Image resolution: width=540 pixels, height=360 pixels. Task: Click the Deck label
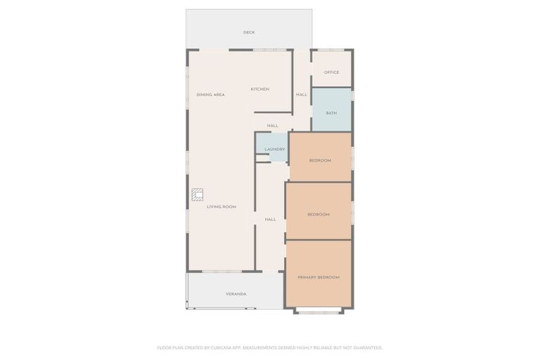click(x=249, y=32)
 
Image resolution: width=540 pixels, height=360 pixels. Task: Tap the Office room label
click(x=331, y=72)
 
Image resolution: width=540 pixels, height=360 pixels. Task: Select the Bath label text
click(x=331, y=113)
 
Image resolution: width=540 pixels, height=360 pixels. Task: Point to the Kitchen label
click(x=259, y=89)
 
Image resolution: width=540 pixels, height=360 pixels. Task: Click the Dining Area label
click(x=210, y=94)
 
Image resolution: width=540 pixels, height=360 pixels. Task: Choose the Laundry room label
click(x=274, y=149)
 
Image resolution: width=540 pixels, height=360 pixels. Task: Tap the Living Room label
click(x=221, y=207)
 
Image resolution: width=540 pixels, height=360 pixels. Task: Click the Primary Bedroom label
click(x=319, y=278)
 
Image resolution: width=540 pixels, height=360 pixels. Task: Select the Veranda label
click(x=236, y=293)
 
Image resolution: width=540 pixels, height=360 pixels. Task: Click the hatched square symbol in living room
click(x=198, y=194)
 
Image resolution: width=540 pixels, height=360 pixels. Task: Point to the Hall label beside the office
click(x=302, y=94)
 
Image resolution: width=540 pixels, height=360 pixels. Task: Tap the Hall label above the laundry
click(x=272, y=126)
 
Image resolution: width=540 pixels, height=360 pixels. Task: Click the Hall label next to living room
click(x=270, y=219)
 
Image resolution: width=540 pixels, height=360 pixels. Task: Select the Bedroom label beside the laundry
click(x=320, y=160)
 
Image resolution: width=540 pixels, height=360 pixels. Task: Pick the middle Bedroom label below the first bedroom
click(x=318, y=214)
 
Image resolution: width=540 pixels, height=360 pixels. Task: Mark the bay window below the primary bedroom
click(x=319, y=311)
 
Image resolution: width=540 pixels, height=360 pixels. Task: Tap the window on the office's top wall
click(x=331, y=50)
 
